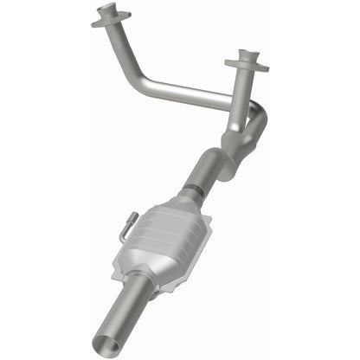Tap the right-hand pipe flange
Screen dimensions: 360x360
click(246, 64)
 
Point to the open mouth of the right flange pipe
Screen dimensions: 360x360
click(246, 57)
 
